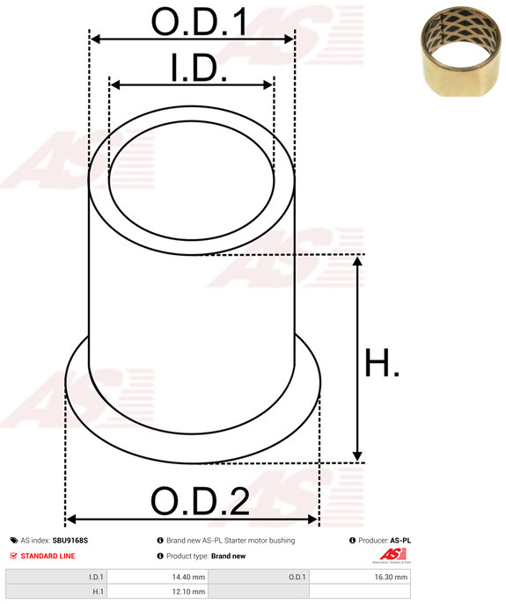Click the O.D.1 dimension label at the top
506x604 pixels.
click(x=199, y=22)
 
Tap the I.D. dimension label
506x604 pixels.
click(x=199, y=68)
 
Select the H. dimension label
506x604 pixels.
click(x=381, y=362)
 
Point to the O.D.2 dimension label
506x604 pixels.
click(x=200, y=501)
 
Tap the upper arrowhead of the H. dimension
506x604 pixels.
click(x=357, y=261)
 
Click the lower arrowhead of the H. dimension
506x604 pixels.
click(x=357, y=455)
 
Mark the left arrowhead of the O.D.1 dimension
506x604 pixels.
click(x=96, y=39)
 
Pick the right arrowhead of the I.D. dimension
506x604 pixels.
click(x=268, y=85)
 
